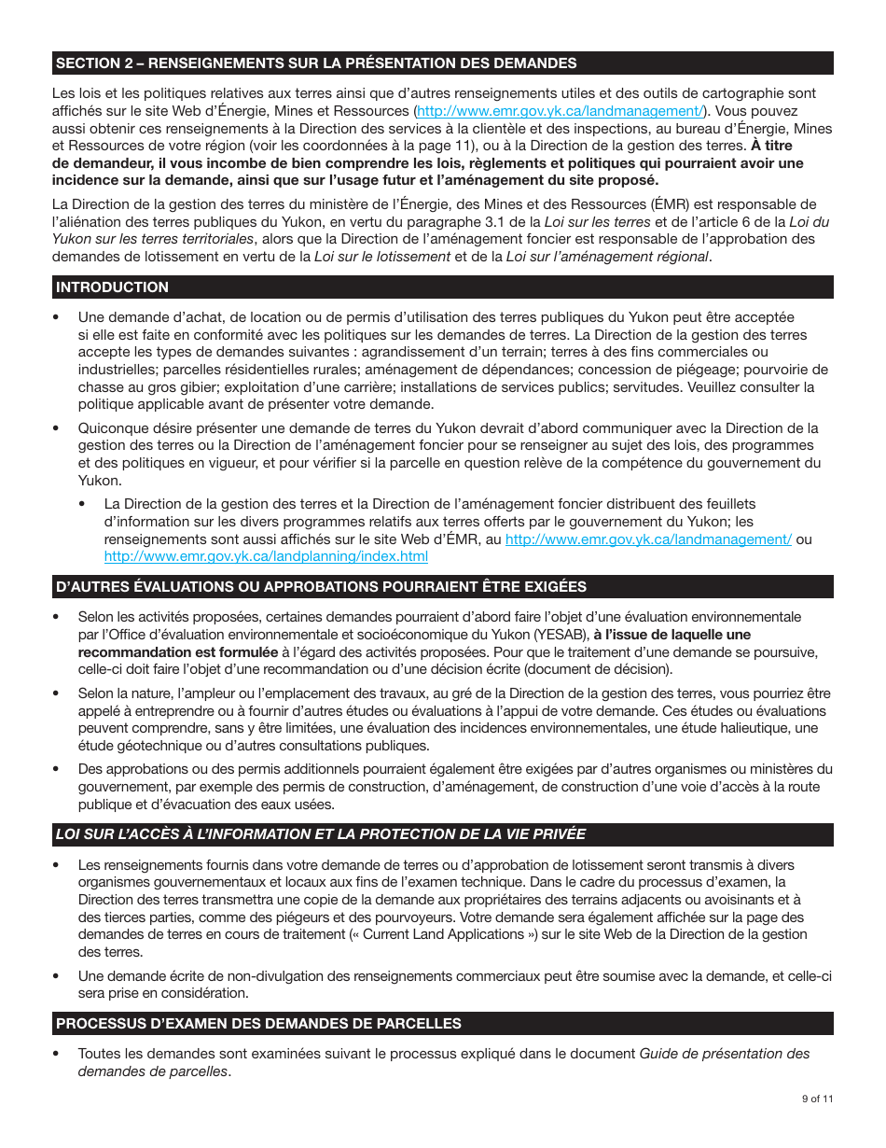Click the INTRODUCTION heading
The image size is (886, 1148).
click(x=113, y=287)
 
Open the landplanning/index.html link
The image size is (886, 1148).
click(x=266, y=556)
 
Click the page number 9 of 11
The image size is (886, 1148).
click(x=817, y=1099)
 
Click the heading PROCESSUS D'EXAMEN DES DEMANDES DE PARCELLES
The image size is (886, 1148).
click(x=258, y=1024)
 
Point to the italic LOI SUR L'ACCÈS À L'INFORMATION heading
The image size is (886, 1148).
click(x=321, y=834)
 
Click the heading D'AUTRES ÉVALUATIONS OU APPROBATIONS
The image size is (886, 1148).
click(x=321, y=587)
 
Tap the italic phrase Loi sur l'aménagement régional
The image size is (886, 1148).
click(x=606, y=257)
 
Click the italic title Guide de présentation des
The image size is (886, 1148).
click(x=724, y=1054)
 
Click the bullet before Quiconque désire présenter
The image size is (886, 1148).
click(x=57, y=428)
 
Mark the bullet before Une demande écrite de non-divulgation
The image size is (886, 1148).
click(x=57, y=975)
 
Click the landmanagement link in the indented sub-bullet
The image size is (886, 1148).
click(x=648, y=539)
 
